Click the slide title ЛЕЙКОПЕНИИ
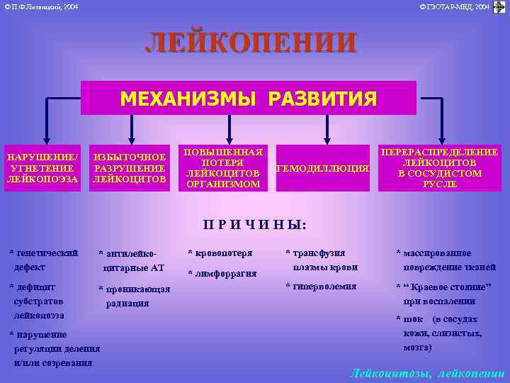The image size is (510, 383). (251, 43)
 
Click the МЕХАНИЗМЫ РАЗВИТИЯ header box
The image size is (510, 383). (248, 99)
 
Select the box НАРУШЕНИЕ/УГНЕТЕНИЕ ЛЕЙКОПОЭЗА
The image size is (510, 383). (42, 168)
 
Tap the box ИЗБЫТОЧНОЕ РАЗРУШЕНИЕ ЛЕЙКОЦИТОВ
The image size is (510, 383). (130, 168)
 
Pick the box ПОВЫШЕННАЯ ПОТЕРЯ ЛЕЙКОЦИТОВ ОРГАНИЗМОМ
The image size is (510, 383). (223, 168)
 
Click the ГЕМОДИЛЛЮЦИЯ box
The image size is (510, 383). (322, 169)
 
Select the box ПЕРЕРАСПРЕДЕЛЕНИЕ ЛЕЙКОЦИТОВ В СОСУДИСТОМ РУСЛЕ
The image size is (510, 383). (439, 168)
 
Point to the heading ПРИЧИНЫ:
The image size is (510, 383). (254, 225)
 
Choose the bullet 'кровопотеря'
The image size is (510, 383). (220, 252)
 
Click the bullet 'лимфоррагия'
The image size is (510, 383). (222, 273)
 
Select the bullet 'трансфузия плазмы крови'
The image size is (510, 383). (321, 260)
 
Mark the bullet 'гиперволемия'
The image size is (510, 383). (321, 286)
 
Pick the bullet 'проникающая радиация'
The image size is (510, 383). (134, 296)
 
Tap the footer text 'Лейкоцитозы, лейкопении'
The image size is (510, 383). (427, 372)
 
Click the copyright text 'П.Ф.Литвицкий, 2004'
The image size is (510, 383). (42, 6)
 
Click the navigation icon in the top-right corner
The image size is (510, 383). (499, 7)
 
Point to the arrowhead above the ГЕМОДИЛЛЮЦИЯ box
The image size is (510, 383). (327, 140)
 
